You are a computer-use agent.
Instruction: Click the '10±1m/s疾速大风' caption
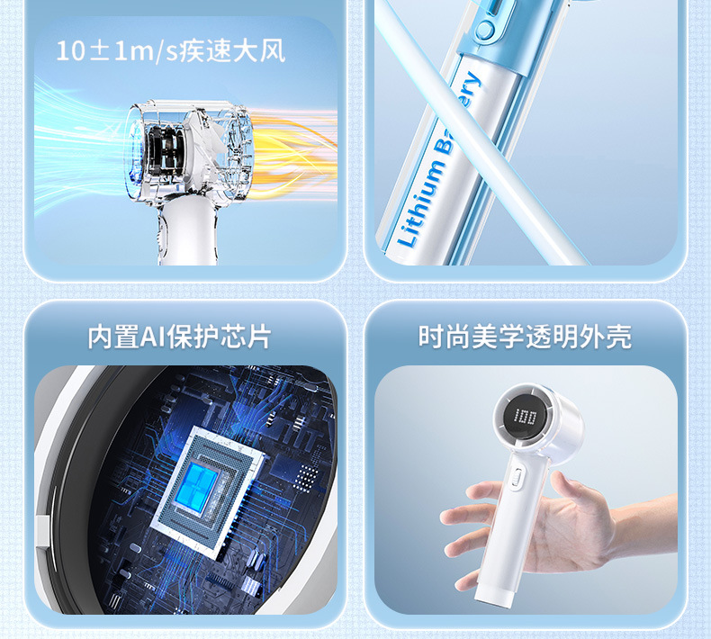[x=171, y=50]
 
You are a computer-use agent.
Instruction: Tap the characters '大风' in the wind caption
[x=261, y=50]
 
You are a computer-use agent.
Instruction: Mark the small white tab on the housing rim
[x=41, y=531]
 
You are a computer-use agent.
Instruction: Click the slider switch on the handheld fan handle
[x=519, y=481]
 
